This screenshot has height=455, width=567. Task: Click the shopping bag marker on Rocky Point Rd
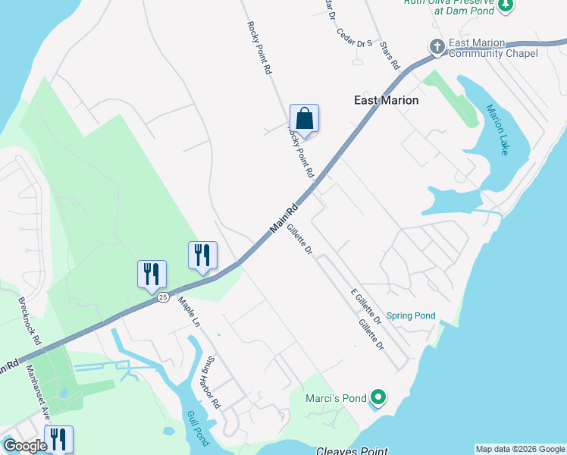pyautogui.click(x=304, y=119)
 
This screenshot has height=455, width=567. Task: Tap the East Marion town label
pyautogui.click(x=387, y=99)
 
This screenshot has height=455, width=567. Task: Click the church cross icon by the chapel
pyautogui.click(x=437, y=47)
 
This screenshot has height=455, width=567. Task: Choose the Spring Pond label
pyautogui.click(x=411, y=315)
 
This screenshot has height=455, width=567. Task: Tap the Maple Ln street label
pyautogui.click(x=189, y=311)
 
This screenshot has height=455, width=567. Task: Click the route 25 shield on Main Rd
pyautogui.click(x=163, y=298)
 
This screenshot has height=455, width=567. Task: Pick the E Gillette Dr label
pyautogui.click(x=365, y=306)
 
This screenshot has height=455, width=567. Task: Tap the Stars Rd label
pyautogui.click(x=390, y=55)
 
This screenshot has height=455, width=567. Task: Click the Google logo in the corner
pyautogui.click(x=25, y=446)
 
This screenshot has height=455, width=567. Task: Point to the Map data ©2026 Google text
pyautogui.click(x=519, y=449)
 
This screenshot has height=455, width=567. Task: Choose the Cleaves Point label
pyautogui.click(x=352, y=450)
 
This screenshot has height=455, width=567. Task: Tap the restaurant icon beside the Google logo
pyautogui.click(x=58, y=439)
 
